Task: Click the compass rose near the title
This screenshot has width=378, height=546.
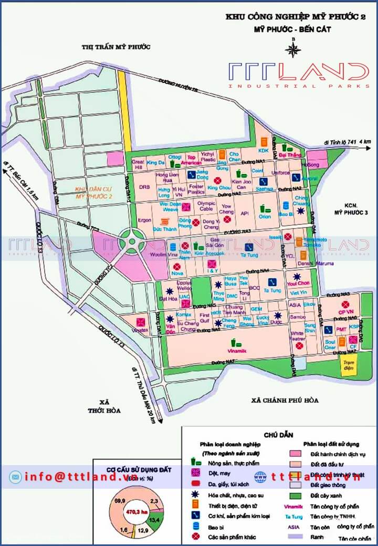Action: (293, 49)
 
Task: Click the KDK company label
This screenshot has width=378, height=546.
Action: (263, 151)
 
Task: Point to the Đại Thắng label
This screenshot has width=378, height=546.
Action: (290, 155)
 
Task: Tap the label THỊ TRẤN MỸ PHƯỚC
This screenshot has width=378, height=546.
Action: (116, 47)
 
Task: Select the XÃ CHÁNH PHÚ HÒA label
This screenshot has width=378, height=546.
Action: (285, 401)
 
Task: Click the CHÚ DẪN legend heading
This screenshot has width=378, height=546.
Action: (279, 435)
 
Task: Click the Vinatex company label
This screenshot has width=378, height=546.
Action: (140, 330)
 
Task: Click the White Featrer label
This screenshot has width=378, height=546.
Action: (298, 335)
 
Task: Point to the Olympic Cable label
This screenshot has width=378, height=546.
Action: (207, 206)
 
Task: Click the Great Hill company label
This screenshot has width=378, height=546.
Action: (138, 164)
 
